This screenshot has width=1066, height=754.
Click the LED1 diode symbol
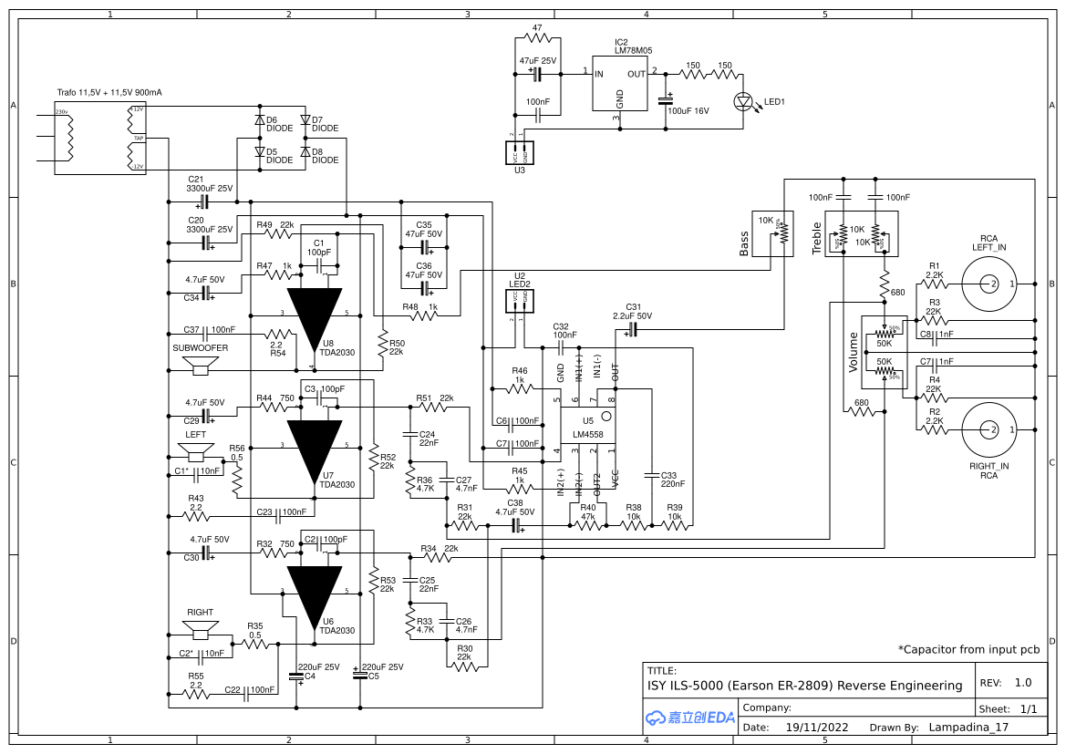(742, 100)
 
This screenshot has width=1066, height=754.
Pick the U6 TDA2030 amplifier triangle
(315, 593)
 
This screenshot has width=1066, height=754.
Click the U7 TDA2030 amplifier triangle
(315, 447)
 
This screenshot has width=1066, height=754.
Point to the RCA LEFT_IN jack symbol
(988, 284)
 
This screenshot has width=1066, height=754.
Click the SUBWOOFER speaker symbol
(200, 367)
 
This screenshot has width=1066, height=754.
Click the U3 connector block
(519, 152)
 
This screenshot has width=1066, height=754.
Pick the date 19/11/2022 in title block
(816, 728)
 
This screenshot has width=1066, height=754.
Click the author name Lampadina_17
(968, 728)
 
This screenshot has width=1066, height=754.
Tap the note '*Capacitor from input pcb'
(968, 650)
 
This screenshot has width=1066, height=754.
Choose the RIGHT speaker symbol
(200, 629)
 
